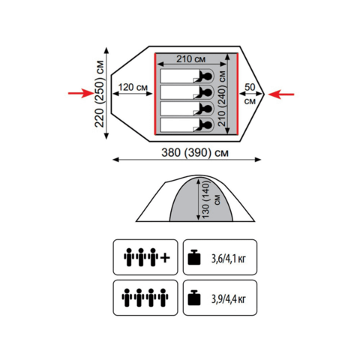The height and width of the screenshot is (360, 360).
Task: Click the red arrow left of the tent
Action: pyautogui.click(x=81, y=94)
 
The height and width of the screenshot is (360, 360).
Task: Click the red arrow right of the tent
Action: pyautogui.click(x=281, y=94)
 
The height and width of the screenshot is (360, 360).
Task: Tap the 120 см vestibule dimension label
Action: pyautogui.click(x=133, y=87)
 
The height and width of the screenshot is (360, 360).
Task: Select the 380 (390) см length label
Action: pyautogui.click(x=195, y=152)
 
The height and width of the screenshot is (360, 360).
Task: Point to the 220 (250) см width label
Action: pyautogui.click(x=99, y=94)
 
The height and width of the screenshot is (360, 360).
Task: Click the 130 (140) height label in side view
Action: pyautogui.click(x=205, y=199)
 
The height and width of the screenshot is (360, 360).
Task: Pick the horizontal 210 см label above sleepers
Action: pyautogui.click(x=191, y=59)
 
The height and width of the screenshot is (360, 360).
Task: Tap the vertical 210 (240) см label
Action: pyautogui.click(x=222, y=98)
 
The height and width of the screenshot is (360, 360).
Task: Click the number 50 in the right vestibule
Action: pyautogui.click(x=250, y=87)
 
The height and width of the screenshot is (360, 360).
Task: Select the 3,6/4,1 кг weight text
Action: pyautogui.click(x=229, y=259)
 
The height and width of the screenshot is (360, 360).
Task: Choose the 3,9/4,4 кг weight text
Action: pyautogui.click(x=229, y=298)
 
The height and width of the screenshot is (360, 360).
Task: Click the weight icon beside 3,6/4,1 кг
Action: pyautogui.click(x=194, y=257)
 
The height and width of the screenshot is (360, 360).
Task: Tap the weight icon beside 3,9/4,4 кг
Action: pyautogui.click(x=194, y=298)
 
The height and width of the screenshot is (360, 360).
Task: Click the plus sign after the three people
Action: pyautogui.click(x=165, y=257)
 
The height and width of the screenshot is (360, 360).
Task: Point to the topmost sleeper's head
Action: pyautogui.click(x=206, y=75)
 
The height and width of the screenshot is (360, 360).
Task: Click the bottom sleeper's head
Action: pyautogui.click(x=206, y=124)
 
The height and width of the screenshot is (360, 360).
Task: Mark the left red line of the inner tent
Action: pyautogui.click(x=155, y=94)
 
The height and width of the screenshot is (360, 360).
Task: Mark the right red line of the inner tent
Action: pyautogui.click(x=237, y=94)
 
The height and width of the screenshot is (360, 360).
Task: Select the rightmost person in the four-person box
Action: pyautogui.click(x=163, y=298)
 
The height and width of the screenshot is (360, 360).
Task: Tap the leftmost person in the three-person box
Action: pyautogui.click(x=129, y=257)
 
